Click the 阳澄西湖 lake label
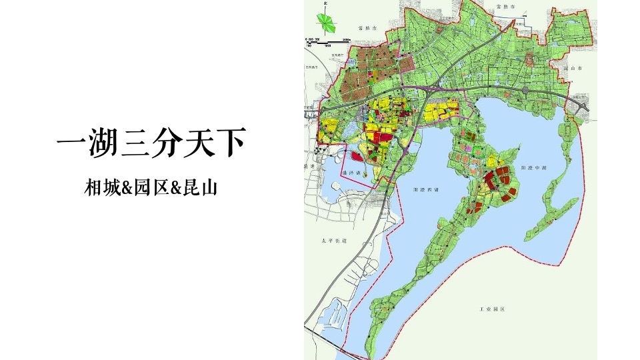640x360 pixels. point(427,190)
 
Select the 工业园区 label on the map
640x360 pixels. point(494,310)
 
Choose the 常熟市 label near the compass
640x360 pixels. point(367,29)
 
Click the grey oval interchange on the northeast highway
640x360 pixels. point(525,89)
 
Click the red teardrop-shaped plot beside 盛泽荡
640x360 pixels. point(357,159)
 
